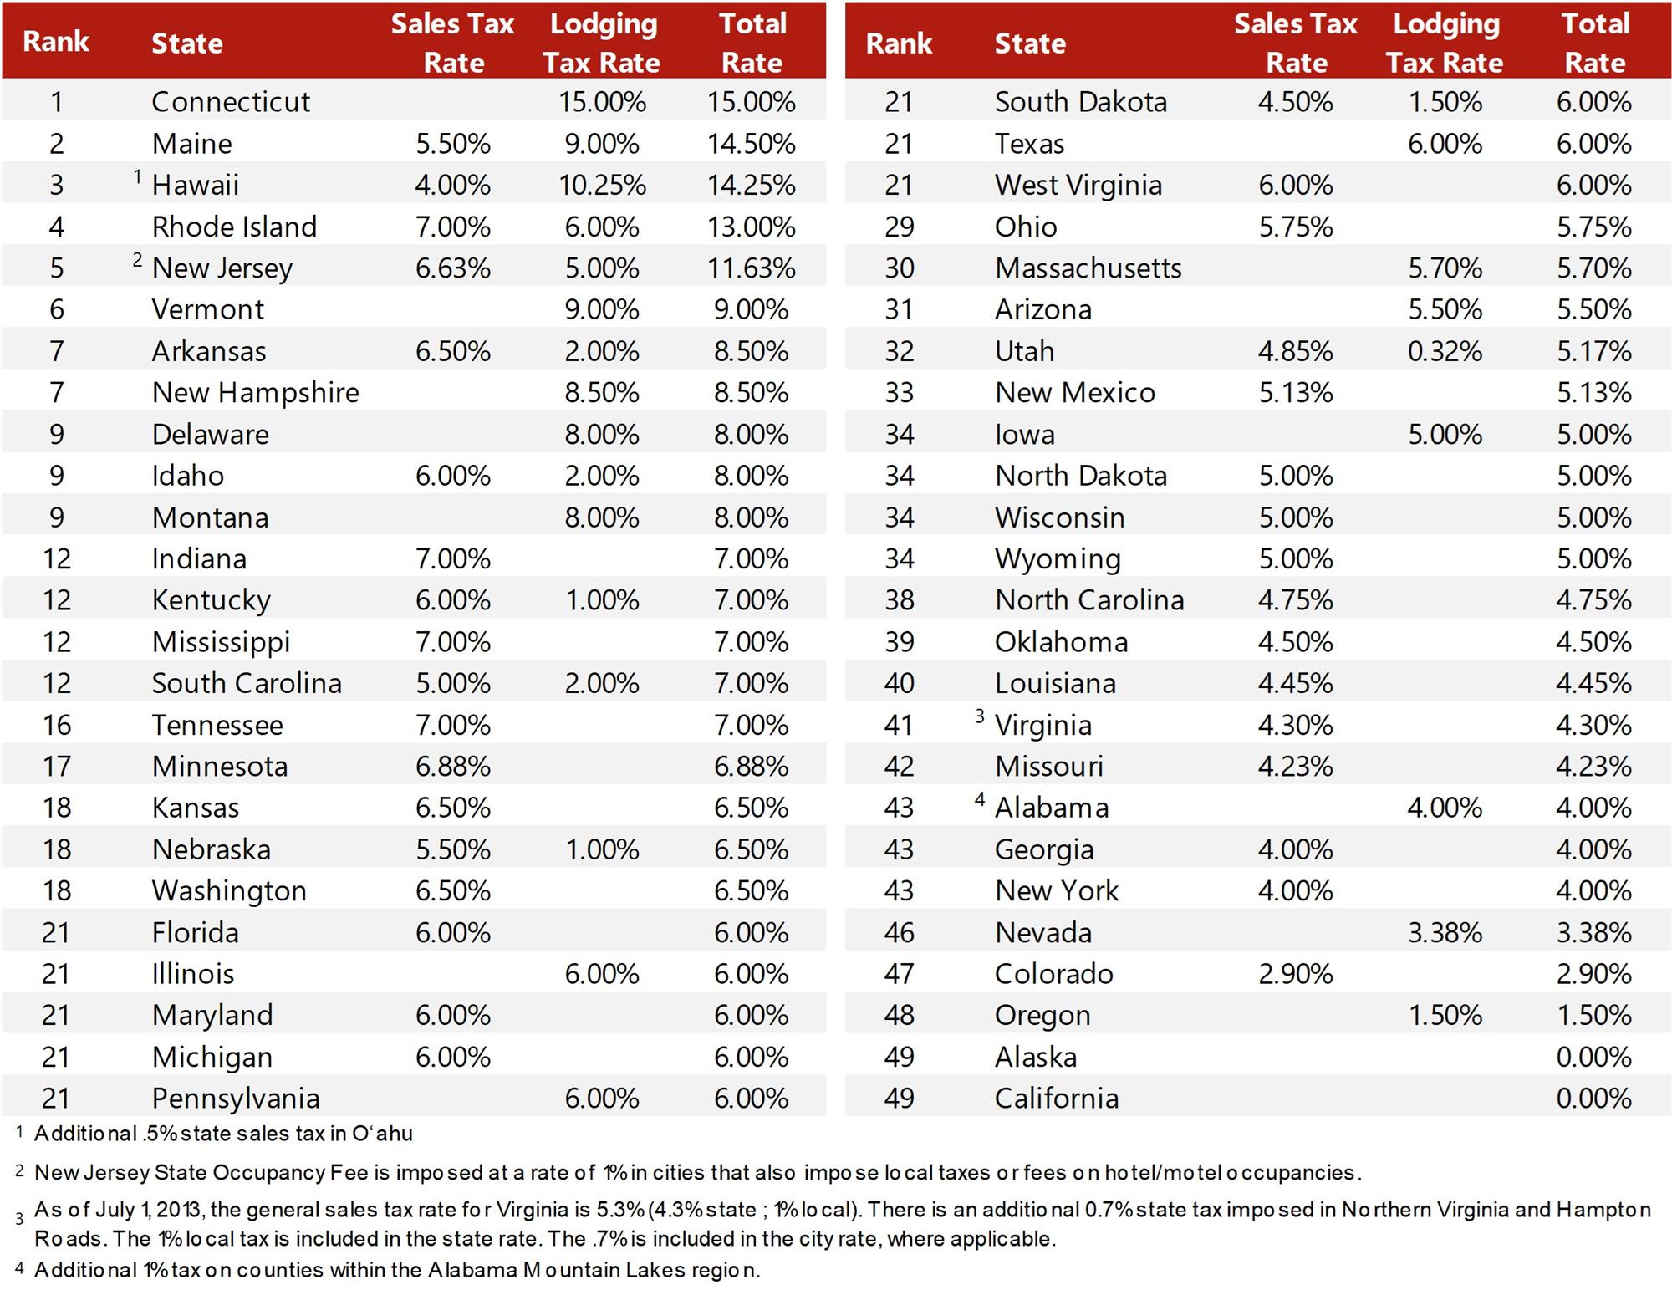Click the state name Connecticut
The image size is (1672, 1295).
click(231, 102)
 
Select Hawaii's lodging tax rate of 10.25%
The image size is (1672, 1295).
click(602, 185)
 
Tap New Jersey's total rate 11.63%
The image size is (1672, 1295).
click(751, 268)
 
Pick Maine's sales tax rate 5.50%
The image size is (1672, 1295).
click(452, 144)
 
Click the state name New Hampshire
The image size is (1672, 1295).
click(255, 393)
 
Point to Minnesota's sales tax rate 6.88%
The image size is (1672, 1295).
click(452, 767)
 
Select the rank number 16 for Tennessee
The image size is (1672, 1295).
click(57, 725)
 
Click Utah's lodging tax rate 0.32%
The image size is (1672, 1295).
click(1445, 351)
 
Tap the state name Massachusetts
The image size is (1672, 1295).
click(1088, 268)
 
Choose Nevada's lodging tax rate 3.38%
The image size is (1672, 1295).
click(1445, 932)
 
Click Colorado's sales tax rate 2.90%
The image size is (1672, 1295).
click(1296, 974)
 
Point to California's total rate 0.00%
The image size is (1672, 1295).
click(1593, 1099)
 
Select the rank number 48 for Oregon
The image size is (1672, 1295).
click(899, 1016)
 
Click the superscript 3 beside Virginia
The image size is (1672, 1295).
click(980, 716)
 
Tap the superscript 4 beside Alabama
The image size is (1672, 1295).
click(980, 799)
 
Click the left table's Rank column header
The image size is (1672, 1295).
click(56, 42)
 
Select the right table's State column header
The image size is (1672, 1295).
click(1030, 43)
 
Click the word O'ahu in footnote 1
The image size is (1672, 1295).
click(382, 1134)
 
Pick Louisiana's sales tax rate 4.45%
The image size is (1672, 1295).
click(1296, 684)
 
